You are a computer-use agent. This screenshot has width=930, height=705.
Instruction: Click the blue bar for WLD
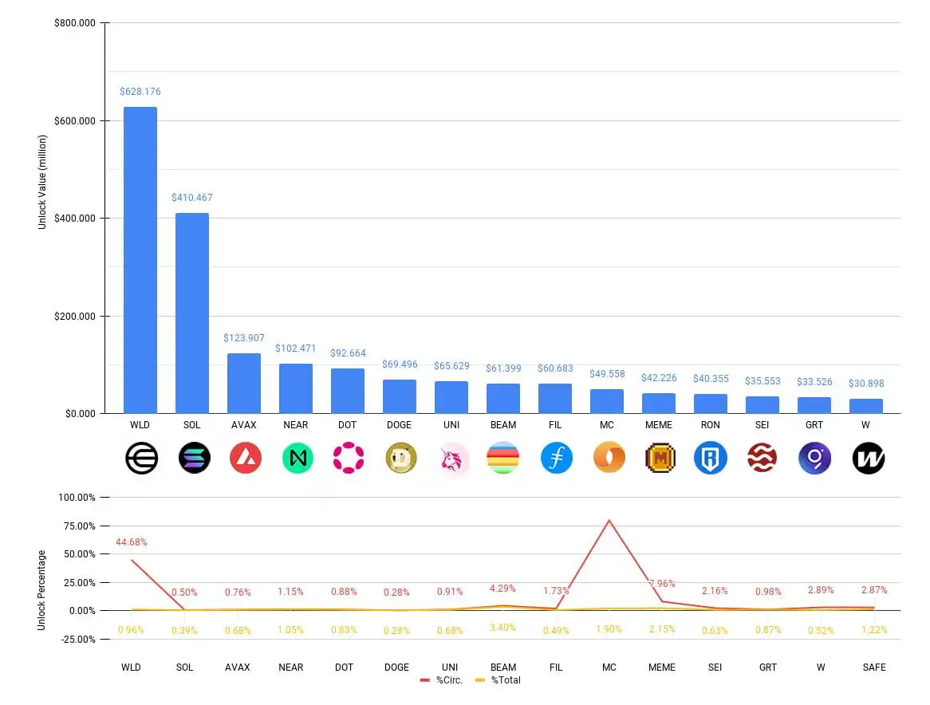[x=140, y=260]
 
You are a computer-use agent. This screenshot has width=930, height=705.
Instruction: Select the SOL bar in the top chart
[x=192, y=313]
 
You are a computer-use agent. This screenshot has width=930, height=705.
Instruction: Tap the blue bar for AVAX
[x=244, y=383]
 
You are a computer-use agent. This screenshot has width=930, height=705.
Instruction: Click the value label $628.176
[x=140, y=92]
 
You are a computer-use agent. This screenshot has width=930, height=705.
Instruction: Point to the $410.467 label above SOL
[x=192, y=197]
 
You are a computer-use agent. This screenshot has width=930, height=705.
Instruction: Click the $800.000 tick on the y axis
[x=75, y=23]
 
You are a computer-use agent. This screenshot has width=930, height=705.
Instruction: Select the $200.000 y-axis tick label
[x=75, y=316]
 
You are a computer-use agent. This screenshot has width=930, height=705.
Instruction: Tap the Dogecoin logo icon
[x=400, y=458]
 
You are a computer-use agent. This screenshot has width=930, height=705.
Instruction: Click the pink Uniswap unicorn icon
[x=452, y=458]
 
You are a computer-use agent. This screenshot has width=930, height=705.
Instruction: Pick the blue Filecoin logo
[x=556, y=458]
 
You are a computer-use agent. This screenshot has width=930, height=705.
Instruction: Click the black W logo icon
[x=868, y=458]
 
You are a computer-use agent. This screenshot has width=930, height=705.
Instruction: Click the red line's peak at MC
[x=609, y=520]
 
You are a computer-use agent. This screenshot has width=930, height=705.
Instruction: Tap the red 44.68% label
[x=131, y=542]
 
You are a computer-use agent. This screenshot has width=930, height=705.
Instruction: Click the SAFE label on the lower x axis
[x=874, y=667]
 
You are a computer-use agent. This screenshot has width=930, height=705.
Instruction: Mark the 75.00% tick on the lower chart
[x=77, y=526]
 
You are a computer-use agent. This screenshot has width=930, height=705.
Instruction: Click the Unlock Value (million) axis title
[x=43, y=182]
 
